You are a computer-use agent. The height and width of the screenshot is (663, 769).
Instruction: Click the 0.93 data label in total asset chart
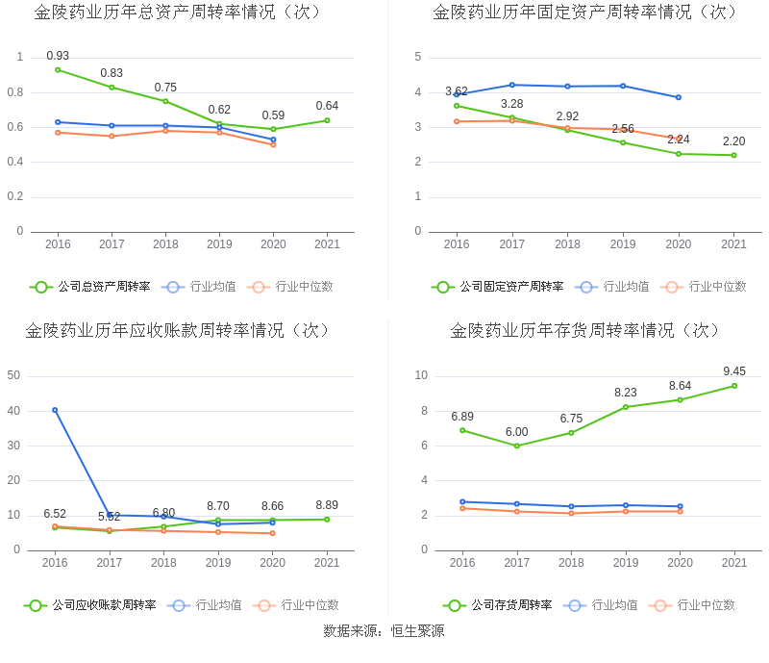click(58, 56)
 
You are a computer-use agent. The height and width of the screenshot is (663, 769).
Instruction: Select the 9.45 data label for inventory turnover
click(734, 371)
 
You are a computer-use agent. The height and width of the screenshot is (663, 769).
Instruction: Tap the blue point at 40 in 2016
click(55, 410)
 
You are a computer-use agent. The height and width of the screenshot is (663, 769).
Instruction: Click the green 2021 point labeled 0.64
click(327, 120)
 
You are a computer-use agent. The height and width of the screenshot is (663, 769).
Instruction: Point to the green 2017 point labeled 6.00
click(516, 446)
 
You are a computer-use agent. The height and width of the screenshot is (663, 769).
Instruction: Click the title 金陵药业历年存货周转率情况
click(585, 330)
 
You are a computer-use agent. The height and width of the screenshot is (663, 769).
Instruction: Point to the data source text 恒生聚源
click(417, 631)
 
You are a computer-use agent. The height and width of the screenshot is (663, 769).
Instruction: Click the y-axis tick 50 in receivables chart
click(13, 375)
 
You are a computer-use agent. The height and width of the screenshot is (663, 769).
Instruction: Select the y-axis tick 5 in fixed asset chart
click(418, 57)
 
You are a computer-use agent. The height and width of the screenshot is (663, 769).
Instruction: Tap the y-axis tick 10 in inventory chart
click(421, 375)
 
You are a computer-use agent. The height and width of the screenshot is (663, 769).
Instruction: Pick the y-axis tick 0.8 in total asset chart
click(15, 92)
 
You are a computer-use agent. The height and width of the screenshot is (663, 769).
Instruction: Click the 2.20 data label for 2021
click(733, 141)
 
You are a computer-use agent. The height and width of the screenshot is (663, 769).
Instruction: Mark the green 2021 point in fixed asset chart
click(733, 155)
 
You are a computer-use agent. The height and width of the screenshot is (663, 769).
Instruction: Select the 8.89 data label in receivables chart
click(327, 505)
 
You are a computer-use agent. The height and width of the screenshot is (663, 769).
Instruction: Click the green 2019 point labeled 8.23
click(626, 407)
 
